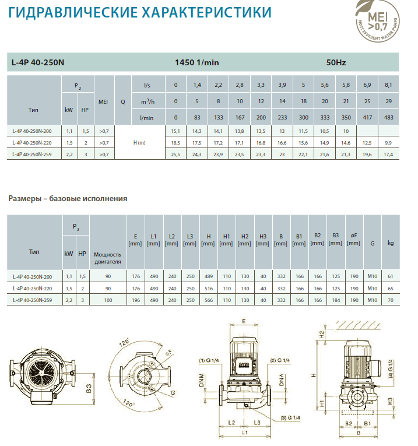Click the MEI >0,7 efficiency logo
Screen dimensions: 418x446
click(377, 21)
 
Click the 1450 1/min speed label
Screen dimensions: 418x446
click(197, 62)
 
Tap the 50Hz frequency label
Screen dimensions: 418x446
click(336, 62)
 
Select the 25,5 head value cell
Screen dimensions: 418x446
click(175, 154)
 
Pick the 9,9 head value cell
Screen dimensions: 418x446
click(388, 143)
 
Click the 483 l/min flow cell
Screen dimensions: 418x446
click(388, 117)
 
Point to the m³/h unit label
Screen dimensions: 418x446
click(148, 101)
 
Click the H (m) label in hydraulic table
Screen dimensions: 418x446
click(139, 142)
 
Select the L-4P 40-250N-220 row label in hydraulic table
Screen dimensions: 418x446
click(32, 142)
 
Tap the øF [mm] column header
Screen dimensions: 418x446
click(354, 239)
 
